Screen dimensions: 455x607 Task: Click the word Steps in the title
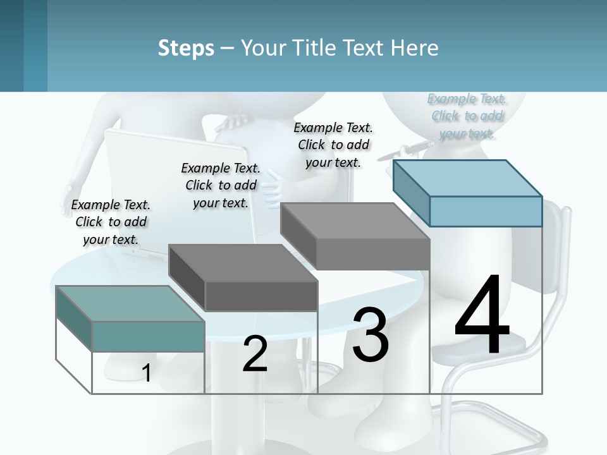[x=186, y=48]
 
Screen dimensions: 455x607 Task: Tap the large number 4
[x=482, y=316]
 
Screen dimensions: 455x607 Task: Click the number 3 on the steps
[x=371, y=335]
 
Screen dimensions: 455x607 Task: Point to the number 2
[x=255, y=355]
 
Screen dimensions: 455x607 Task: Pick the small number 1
[x=146, y=373]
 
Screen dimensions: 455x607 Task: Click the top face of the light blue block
[x=468, y=178]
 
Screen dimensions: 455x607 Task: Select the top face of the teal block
[x=130, y=303]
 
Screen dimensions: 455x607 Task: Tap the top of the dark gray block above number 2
[x=243, y=262]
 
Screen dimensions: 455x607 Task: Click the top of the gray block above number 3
[x=355, y=221]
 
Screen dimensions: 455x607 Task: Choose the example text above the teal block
[x=111, y=222]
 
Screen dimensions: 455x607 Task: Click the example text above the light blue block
[x=467, y=116]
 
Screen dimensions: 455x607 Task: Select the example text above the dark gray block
[x=221, y=185]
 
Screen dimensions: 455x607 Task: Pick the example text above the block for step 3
[x=333, y=145]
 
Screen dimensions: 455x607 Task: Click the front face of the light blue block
[x=486, y=211]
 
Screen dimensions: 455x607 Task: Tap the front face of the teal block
[x=148, y=336]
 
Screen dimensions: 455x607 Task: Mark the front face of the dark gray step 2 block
[x=261, y=296]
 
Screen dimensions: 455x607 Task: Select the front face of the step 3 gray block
[x=373, y=255]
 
